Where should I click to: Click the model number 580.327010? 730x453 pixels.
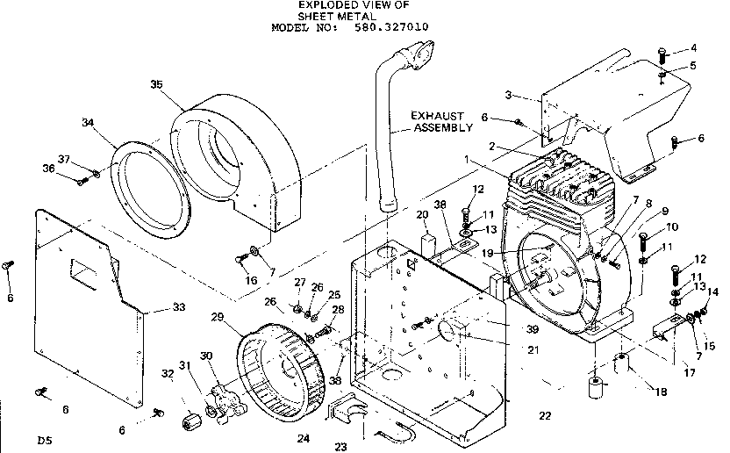[392, 27]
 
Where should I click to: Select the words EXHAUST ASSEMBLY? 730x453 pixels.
[436, 121]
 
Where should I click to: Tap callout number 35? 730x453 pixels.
[156, 84]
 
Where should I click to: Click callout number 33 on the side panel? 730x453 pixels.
[179, 307]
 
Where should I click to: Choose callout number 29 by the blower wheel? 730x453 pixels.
[218, 316]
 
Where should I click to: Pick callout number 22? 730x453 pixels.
[546, 415]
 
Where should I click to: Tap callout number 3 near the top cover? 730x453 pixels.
[507, 94]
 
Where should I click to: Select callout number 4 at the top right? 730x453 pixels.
[693, 47]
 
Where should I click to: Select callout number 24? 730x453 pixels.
[304, 436]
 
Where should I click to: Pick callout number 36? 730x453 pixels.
[72, 168]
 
